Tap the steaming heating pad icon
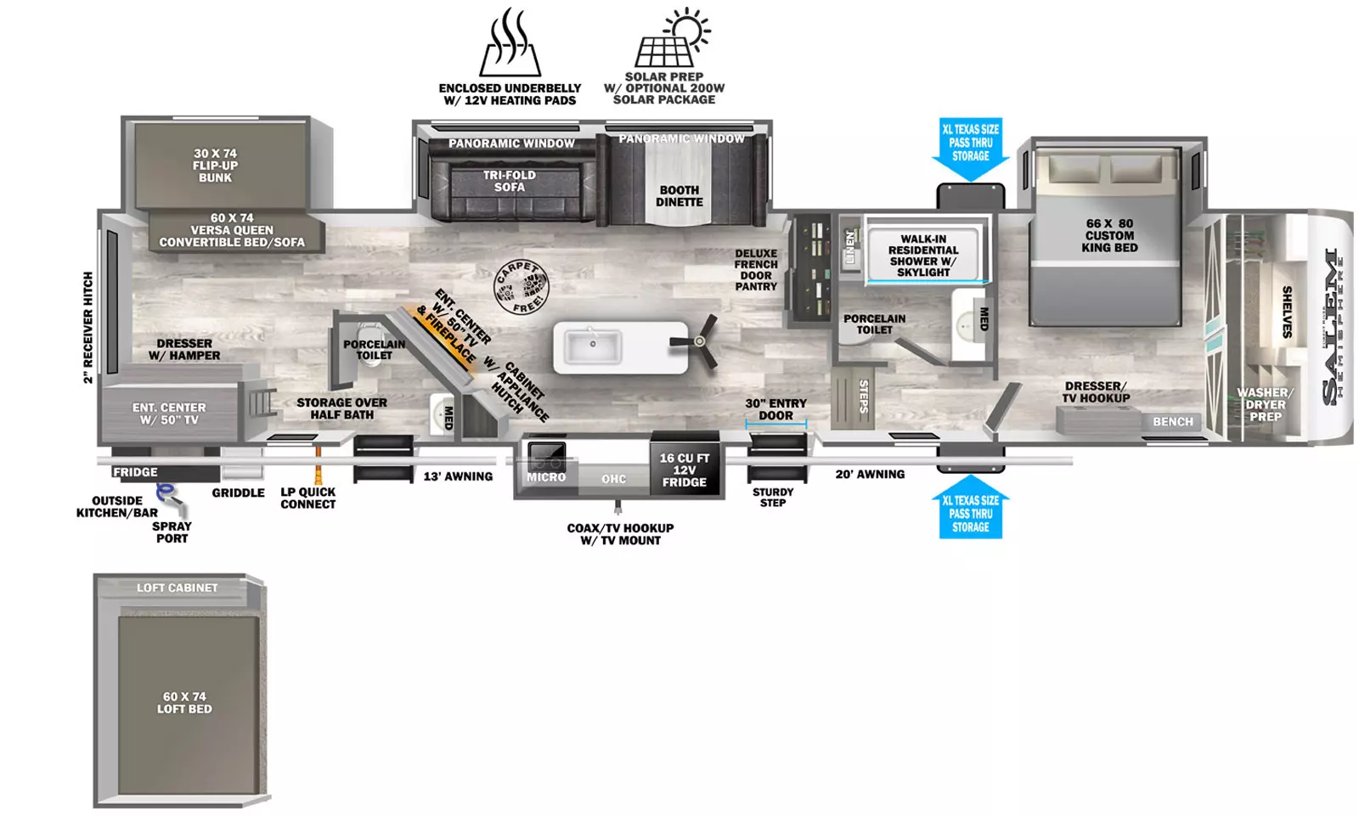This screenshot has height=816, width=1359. (x=510, y=42)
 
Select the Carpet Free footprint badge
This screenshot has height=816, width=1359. (x=522, y=288)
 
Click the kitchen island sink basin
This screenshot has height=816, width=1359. (x=593, y=346)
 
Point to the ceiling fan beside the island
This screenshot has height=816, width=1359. (x=696, y=341)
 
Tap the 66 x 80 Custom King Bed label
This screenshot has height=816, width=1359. (x=1109, y=235)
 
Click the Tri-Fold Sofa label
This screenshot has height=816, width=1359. (x=510, y=181)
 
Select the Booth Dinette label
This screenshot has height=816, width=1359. (x=679, y=196)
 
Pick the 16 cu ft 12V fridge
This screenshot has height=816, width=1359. (x=685, y=464)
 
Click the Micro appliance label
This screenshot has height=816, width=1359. (x=546, y=477)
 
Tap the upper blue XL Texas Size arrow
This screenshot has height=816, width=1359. (x=971, y=149)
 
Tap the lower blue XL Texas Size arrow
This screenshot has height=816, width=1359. (x=971, y=507)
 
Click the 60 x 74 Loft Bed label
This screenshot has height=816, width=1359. (x=184, y=702)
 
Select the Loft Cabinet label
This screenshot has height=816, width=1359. (x=177, y=588)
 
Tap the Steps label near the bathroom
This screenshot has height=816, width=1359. (x=864, y=397)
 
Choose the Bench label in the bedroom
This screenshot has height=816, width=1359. (x=1173, y=422)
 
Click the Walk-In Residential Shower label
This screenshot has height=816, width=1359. (x=923, y=256)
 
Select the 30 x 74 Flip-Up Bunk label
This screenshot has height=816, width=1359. (x=216, y=166)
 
